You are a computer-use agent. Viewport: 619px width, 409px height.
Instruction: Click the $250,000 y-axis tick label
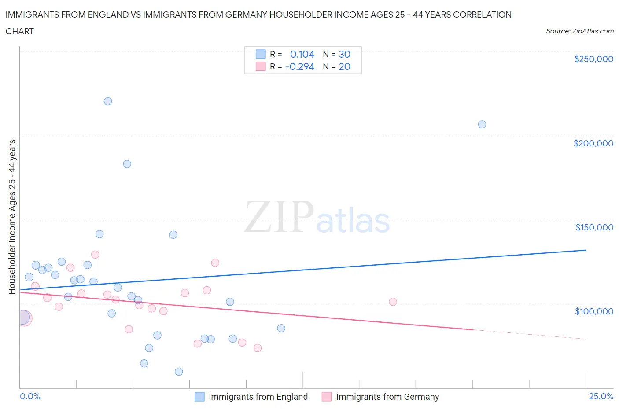pos(593,59)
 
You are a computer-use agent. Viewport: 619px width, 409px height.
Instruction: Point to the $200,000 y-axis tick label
pos(593,143)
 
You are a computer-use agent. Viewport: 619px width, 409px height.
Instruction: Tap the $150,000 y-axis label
pos(594,227)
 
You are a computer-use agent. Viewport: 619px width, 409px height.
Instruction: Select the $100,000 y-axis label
pos(594,311)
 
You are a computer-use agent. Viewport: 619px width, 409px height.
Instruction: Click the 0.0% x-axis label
pos(30,396)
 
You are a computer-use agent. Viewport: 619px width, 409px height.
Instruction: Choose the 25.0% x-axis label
pos(601,396)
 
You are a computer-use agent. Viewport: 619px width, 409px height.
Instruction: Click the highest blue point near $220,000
pos(108,101)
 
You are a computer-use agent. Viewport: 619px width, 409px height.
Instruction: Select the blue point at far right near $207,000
pos(482,124)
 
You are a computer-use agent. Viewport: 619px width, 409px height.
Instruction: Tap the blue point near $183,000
pos(127,164)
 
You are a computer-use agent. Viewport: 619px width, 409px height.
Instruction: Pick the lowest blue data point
pos(179,372)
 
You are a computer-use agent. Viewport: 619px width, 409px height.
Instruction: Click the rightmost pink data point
pos(393,302)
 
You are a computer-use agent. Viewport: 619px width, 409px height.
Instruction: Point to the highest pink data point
pos(95,255)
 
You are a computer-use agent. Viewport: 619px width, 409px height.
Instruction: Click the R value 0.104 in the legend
pos(302,54)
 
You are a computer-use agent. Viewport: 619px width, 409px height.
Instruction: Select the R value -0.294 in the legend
pos(300,66)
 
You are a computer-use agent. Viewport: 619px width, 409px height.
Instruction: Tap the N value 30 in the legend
pos(344,54)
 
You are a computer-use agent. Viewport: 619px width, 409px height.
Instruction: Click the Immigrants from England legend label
pos(258,397)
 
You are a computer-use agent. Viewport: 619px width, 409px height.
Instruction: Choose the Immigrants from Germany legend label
pos(387,397)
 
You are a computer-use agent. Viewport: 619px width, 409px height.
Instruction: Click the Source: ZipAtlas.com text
pos(579,31)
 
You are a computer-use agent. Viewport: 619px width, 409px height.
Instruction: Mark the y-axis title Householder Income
pos(12,217)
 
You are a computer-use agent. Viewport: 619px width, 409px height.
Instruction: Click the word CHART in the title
pos(20,31)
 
